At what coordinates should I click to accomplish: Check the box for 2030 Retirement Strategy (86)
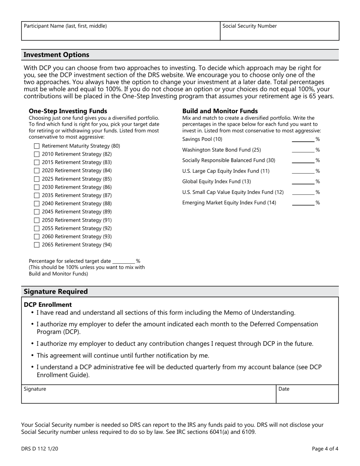37,187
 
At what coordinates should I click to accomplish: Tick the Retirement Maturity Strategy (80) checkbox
37,146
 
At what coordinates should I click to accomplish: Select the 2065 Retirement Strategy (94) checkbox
37,245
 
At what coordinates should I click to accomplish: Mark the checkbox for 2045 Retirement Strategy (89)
37,212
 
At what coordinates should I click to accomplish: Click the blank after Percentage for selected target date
124,261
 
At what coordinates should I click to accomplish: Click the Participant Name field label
65,26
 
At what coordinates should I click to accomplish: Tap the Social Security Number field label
249,26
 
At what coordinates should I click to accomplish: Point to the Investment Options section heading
56,55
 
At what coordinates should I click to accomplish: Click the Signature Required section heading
56,292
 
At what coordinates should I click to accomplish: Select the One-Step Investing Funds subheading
68,111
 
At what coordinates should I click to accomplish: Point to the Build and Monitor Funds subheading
220,111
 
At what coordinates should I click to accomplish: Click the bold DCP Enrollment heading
48,305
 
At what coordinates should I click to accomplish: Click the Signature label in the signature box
35,389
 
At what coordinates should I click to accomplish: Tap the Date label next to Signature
284,389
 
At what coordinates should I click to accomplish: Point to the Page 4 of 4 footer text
325,449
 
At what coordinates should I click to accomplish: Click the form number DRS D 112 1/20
40,449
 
